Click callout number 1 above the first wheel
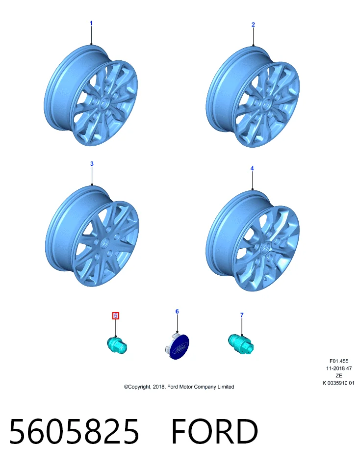coord(91,23)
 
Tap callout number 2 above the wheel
coord(253,25)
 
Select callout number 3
coord(92,164)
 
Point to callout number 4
coord(252,168)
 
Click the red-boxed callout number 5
coord(116,315)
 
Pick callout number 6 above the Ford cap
coord(177,312)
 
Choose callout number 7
coord(242,315)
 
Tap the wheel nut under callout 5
coord(117,345)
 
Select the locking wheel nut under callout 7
coord(241,343)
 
